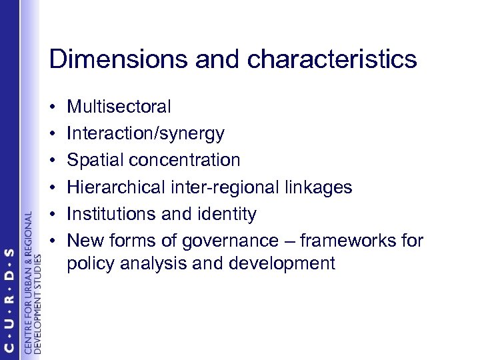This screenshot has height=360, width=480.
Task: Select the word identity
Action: pyautogui.click(x=226, y=215)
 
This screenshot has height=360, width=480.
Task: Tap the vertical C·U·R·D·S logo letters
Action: pyautogui.click(x=9, y=301)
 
